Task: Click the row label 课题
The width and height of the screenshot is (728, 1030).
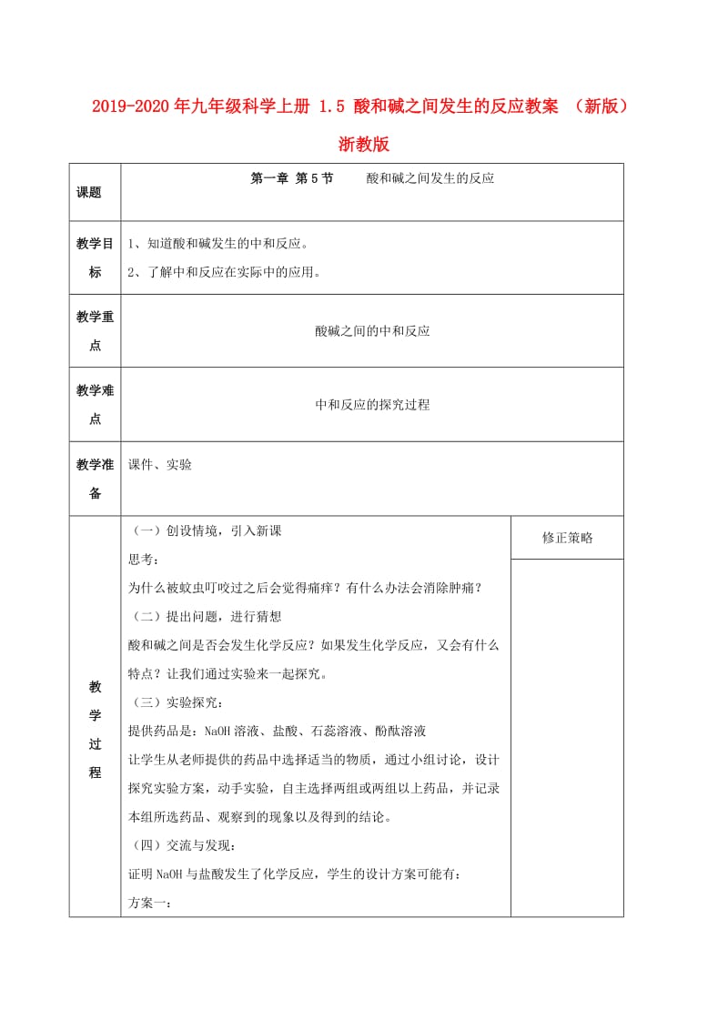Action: pos(89,192)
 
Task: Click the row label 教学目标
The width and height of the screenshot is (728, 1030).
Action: pos(95,257)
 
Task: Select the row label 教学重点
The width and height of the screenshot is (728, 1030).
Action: pos(95,331)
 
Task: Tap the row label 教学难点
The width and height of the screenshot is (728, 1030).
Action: pos(95,405)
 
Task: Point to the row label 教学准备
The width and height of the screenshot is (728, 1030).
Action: pos(95,479)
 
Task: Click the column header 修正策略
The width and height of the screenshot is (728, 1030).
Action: pos(567,538)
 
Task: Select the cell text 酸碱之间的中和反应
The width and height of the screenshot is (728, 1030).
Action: pos(372,331)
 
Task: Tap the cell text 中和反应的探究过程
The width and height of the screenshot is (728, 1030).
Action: pos(372,405)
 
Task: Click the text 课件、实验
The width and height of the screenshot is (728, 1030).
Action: pos(160,464)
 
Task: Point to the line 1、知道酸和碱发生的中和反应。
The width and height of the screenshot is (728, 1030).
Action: pos(218,244)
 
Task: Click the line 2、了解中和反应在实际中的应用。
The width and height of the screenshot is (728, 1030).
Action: pos(225,271)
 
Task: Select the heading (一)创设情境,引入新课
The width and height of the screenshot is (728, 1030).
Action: pos(207,530)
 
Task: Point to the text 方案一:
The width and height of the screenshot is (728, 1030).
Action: pos(151,903)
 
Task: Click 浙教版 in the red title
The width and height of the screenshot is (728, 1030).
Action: pos(364,144)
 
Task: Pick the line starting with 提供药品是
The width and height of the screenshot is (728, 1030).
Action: pos(278,731)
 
